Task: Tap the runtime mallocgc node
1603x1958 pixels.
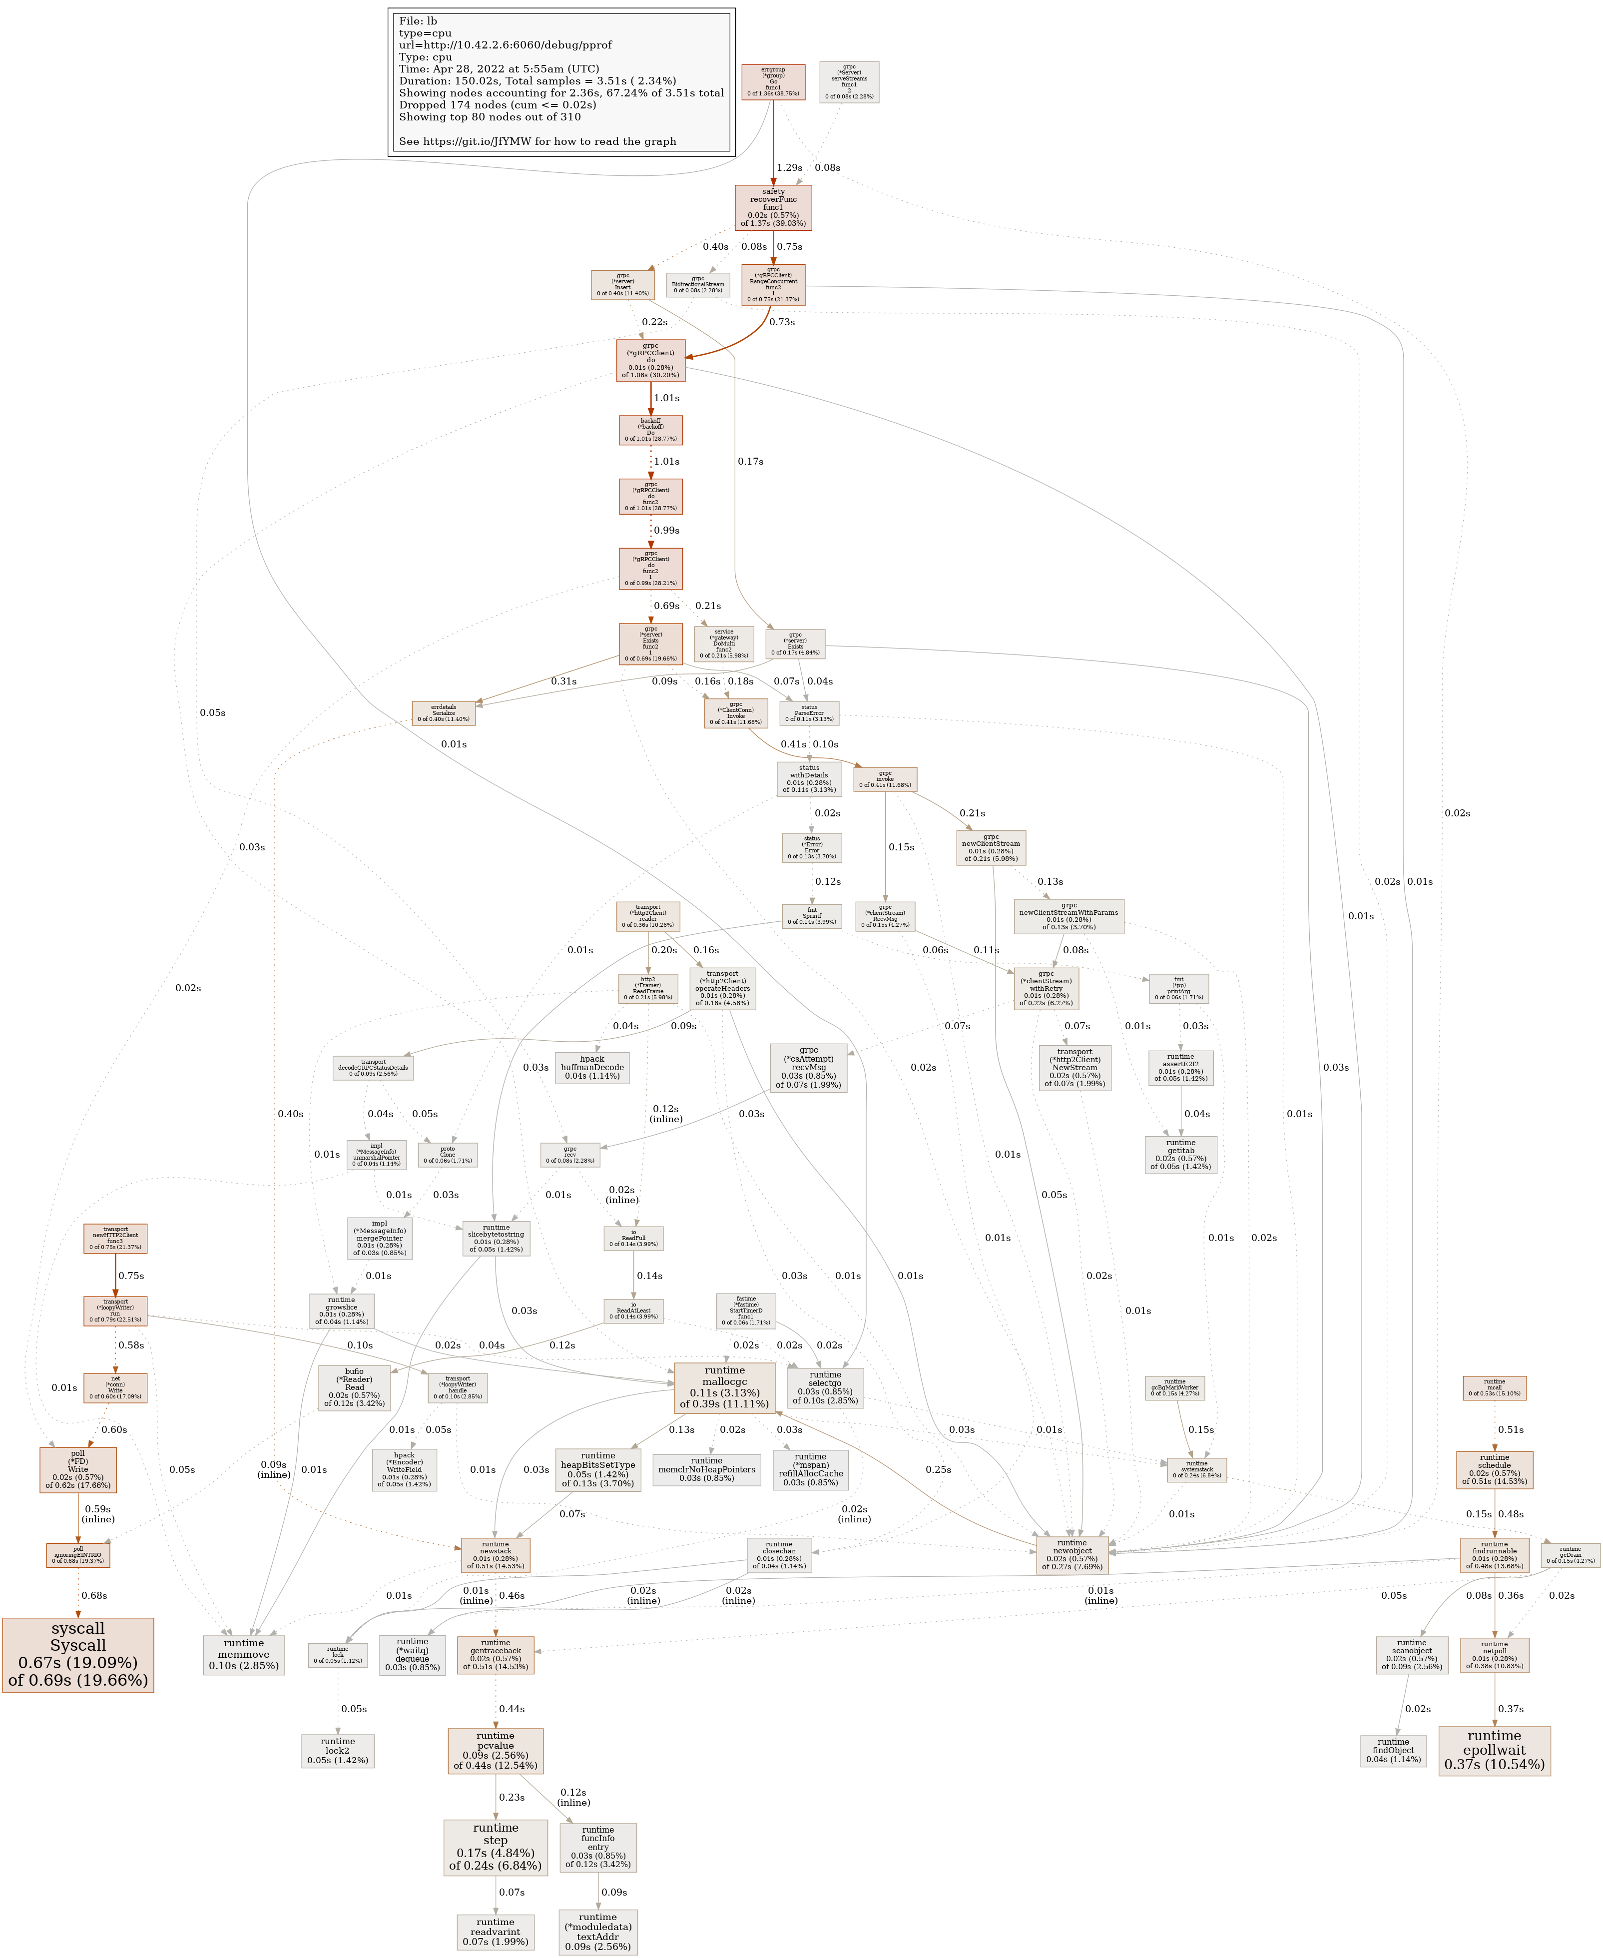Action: click(x=724, y=1387)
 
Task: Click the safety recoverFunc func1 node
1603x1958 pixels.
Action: click(x=773, y=207)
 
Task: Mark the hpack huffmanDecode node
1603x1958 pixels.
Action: click(x=592, y=1068)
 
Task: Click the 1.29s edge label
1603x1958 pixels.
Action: click(x=789, y=168)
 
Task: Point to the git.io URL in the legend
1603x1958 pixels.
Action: click(x=537, y=141)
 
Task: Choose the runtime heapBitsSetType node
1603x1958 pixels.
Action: click(x=597, y=1469)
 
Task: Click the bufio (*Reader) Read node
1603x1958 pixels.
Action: click(x=355, y=1387)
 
